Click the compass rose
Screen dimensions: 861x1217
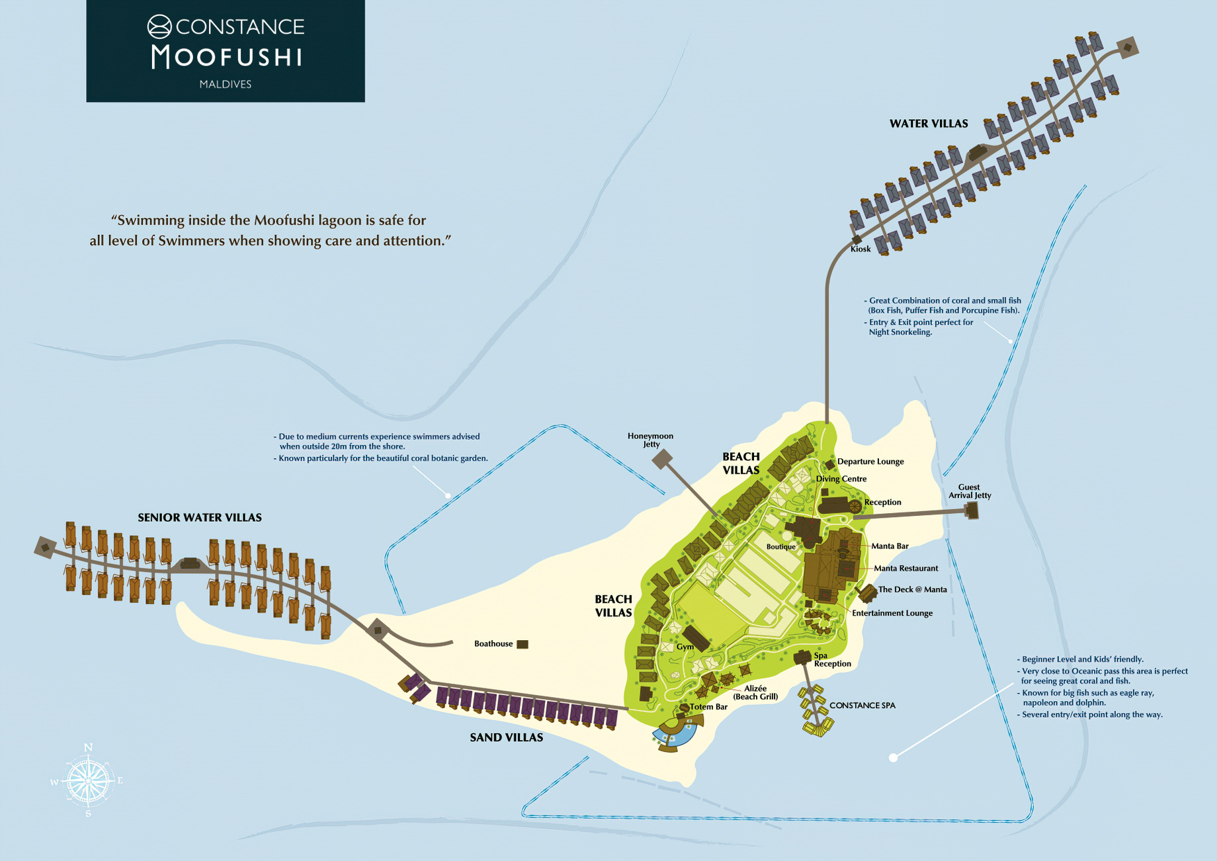click(87, 781)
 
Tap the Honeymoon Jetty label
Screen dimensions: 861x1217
click(650, 440)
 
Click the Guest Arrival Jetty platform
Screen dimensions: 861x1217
click(972, 510)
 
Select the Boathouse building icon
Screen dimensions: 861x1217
click(523, 644)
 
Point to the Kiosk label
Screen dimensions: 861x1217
click(860, 249)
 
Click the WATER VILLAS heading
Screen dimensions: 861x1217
click(928, 124)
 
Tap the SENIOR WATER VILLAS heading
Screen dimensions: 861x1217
click(199, 518)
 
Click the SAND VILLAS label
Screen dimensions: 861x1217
click(506, 737)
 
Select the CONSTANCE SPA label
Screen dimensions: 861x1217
click(862, 706)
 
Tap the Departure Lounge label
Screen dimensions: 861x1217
click(870, 462)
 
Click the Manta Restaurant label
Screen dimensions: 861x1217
click(905, 568)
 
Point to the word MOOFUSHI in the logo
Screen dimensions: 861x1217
click(226, 58)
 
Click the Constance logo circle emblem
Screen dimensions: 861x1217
click(159, 26)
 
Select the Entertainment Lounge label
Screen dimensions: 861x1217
click(892, 613)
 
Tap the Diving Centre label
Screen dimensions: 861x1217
click(841, 479)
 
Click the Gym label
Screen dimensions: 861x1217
click(685, 647)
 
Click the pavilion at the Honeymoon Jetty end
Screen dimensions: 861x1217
click(662, 460)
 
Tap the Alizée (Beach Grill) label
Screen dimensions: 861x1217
click(755, 692)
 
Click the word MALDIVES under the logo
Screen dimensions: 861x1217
click(225, 85)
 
